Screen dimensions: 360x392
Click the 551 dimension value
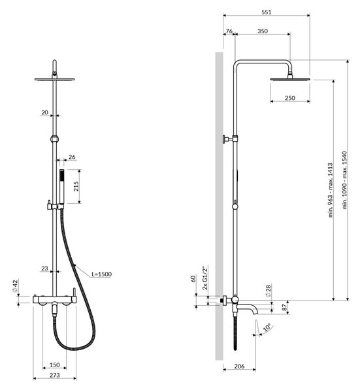(267, 12)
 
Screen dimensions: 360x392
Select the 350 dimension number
(263, 31)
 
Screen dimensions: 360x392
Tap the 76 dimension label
(229, 31)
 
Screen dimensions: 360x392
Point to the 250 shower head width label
(290, 98)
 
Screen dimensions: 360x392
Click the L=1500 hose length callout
(101, 274)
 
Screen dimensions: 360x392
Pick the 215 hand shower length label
(76, 186)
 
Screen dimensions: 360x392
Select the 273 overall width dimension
(55, 375)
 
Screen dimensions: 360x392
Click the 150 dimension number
(55, 365)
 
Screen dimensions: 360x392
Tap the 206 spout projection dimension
(239, 366)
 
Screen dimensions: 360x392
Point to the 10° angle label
(267, 327)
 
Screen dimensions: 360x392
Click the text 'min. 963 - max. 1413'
(331, 190)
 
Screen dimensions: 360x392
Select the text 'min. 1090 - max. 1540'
(345, 180)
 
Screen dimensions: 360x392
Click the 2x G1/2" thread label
(205, 278)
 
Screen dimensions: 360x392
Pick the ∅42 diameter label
(15, 286)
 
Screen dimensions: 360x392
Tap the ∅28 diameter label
(269, 291)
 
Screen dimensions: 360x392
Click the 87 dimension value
(285, 308)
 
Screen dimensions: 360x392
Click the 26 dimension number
(72, 157)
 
